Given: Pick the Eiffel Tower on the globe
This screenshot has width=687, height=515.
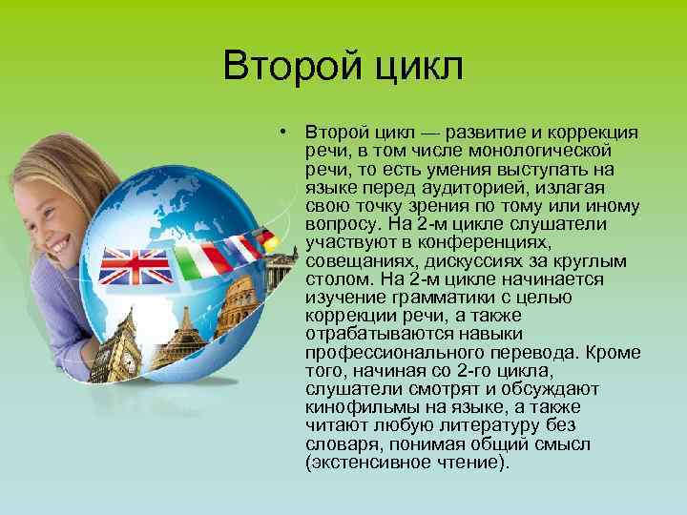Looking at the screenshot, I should (180, 339).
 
